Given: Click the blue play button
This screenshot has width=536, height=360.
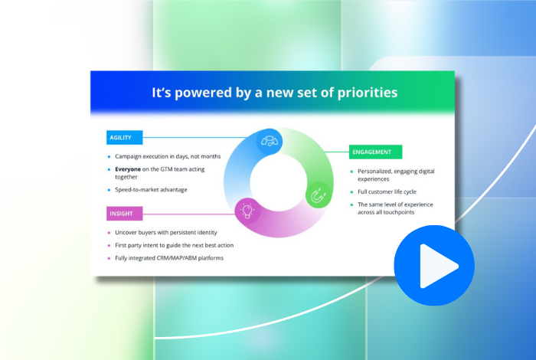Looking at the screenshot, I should coord(433,266).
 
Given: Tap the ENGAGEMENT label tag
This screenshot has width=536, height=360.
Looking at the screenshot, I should coord(375,152).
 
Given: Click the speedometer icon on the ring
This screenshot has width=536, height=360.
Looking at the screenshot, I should coord(270,140).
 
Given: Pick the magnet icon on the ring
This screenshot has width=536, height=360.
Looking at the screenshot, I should coord(318,196).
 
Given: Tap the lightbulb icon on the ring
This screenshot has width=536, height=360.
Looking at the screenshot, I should coord(247,211).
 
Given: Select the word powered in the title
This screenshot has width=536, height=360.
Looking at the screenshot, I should coord(201,93).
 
